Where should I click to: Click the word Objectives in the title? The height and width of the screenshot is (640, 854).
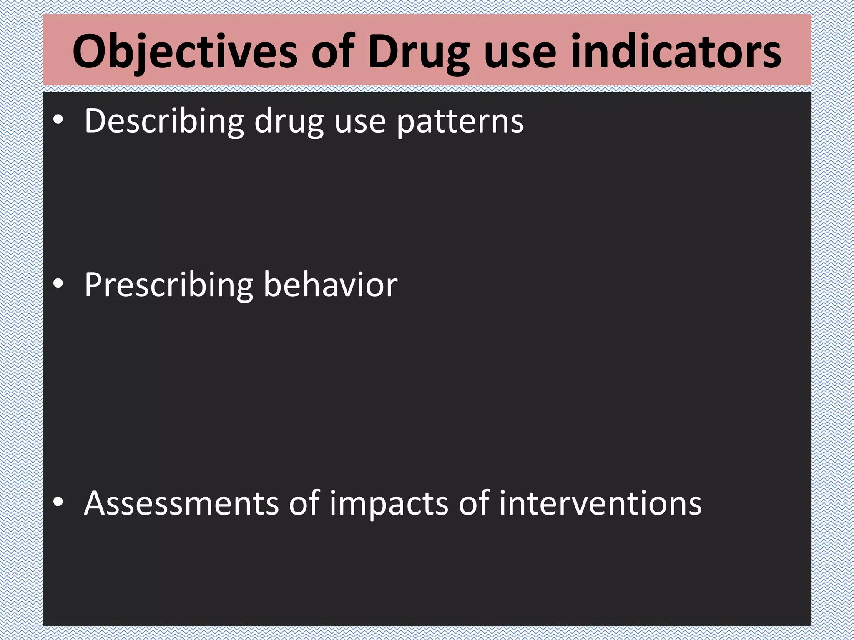[185, 52]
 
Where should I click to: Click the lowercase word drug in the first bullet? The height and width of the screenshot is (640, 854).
[289, 121]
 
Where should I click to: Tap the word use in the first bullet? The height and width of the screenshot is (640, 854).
[360, 121]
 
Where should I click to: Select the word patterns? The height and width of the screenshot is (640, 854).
[460, 121]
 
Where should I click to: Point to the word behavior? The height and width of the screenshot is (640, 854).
[330, 285]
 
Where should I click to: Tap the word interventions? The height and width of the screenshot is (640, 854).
[600, 503]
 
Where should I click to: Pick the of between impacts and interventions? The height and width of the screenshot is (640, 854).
[474, 503]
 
